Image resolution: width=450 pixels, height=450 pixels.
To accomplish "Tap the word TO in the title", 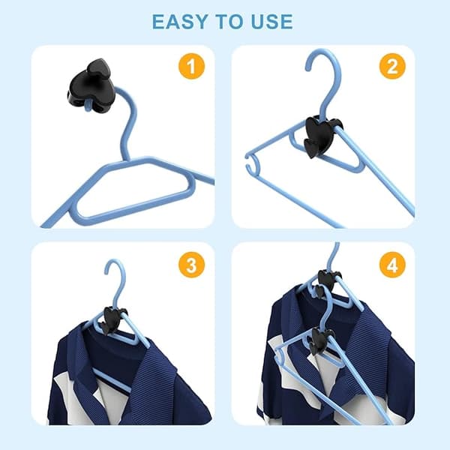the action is (229, 22).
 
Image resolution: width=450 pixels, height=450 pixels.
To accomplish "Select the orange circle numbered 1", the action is (192, 66).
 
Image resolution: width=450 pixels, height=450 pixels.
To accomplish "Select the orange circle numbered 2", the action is (392, 66).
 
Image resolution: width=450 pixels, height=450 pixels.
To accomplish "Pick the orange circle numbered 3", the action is (192, 265).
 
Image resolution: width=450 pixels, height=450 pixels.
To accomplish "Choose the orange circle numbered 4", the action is (392, 265).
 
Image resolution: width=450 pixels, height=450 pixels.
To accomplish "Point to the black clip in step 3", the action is (112, 320).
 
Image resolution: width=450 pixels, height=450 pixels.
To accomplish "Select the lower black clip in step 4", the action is (320, 340).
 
